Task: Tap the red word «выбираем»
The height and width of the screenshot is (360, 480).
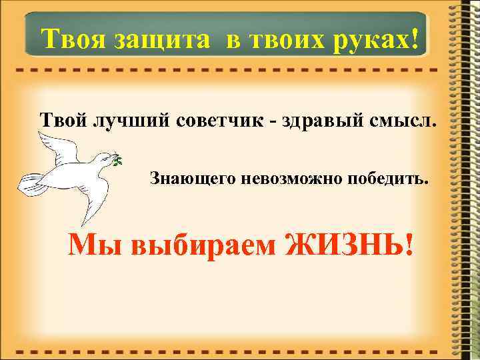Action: [x=199, y=248]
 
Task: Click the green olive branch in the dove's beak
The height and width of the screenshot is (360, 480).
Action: [x=117, y=160]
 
